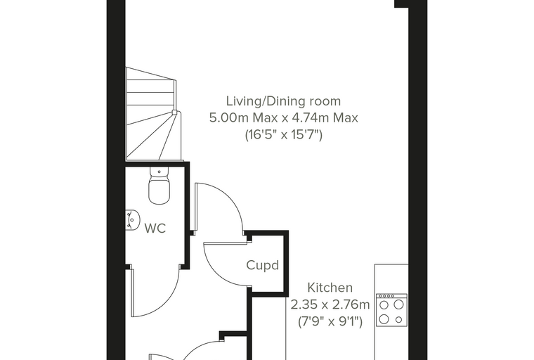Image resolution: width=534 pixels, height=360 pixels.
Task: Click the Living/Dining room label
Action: [x=283, y=101]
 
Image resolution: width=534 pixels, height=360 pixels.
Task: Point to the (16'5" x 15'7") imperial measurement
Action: [x=284, y=135]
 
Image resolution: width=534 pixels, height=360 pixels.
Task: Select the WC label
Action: [x=155, y=228]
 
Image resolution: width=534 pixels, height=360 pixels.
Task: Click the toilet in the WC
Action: [x=159, y=186]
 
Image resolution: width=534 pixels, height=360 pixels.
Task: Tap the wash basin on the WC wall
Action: [x=133, y=219]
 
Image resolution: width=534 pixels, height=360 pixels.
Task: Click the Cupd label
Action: [x=262, y=265]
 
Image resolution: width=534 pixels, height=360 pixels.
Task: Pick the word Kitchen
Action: [x=330, y=288]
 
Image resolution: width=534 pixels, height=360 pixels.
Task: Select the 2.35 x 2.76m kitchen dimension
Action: [x=330, y=304]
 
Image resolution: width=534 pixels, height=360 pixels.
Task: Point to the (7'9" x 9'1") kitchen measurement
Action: [x=330, y=321]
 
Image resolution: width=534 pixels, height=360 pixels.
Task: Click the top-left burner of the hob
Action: [x=384, y=304]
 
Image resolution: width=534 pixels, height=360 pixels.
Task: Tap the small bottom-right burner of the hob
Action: [x=399, y=320]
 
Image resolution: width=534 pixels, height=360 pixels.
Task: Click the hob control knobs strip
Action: [x=391, y=296]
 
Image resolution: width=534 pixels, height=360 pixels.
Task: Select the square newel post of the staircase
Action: [x=174, y=112]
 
